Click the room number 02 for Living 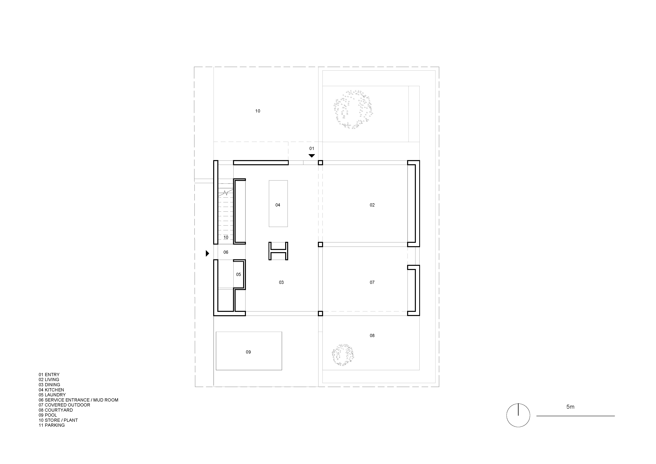tap(372, 205)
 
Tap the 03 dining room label tap(281, 282)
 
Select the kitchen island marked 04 tap(278, 204)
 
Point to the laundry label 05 tap(239, 275)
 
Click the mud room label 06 tap(226, 252)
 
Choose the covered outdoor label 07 tap(372, 282)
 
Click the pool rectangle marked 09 tap(249, 351)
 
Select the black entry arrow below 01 tap(312, 156)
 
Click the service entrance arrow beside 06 tap(207, 253)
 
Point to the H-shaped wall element tap(278, 251)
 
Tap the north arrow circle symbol tap(518, 415)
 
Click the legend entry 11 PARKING tap(52, 425)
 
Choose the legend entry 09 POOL tap(48, 415)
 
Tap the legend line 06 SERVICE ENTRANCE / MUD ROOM tap(79, 400)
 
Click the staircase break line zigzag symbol tap(225, 193)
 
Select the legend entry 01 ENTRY tap(49, 375)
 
